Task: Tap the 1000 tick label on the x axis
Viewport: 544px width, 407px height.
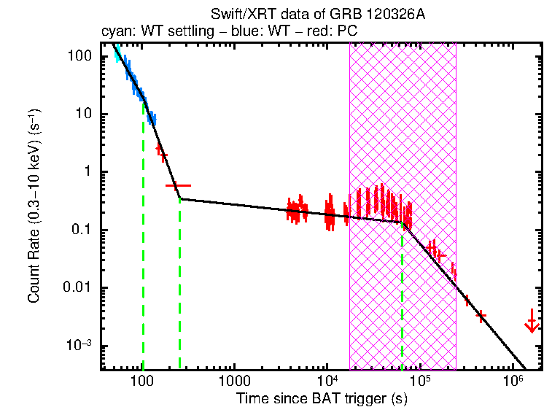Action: coord(235,380)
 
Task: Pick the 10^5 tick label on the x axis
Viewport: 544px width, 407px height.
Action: coord(419,379)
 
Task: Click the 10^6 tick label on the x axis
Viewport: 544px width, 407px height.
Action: coord(513,379)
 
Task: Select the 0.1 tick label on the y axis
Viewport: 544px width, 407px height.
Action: coord(80,230)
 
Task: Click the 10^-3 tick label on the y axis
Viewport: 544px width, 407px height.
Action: coord(79,346)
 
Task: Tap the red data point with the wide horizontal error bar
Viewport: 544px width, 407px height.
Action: coord(179,186)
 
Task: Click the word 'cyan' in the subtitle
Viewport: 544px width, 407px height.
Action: coord(113,31)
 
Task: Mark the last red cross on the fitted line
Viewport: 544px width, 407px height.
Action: coord(481,315)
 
